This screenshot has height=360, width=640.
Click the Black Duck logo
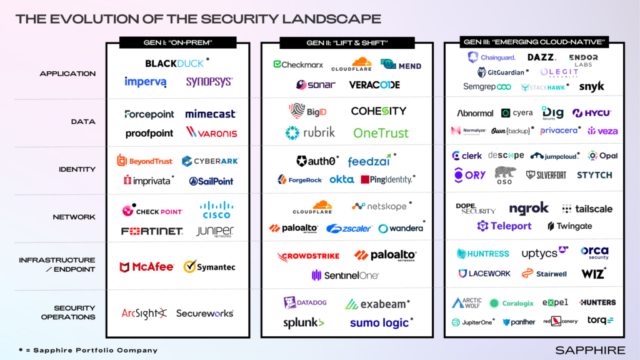(x=175, y=63)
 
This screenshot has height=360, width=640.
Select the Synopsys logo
(x=209, y=82)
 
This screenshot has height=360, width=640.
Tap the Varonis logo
(x=211, y=132)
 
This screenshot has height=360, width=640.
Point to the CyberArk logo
(x=210, y=161)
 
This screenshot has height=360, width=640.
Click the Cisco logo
(x=216, y=209)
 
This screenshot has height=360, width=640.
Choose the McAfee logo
(x=147, y=267)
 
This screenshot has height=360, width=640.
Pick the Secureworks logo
(x=204, y=313)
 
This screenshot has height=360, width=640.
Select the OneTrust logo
(x=381, y=132)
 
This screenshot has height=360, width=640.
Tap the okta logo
(x=342, y=179)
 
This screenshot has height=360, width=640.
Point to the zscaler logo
(x=349, y=229)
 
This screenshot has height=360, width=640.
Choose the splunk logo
(x=304, y=322)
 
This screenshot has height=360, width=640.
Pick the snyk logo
(x=591, y=87)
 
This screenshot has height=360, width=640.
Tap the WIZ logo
(x=593, y=273)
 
